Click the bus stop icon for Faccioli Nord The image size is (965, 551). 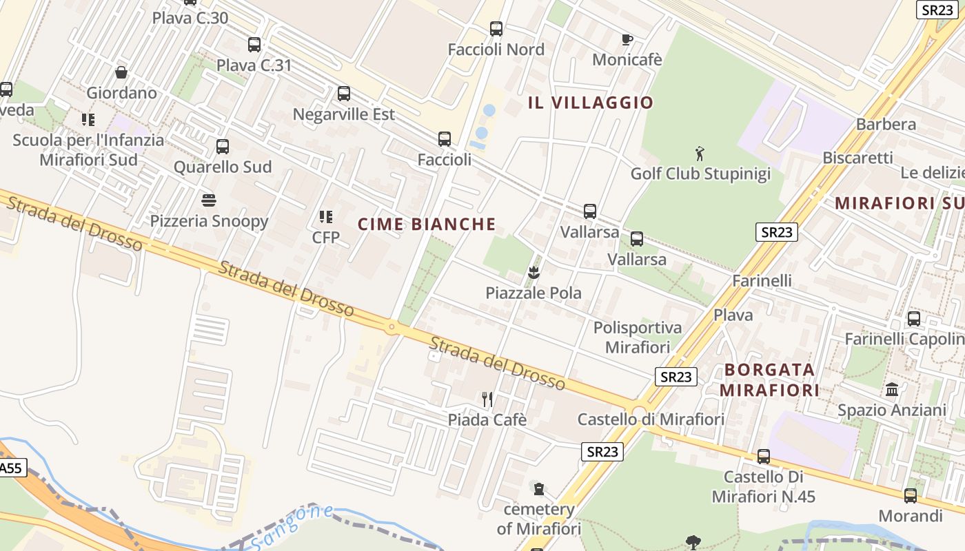pos(496,29)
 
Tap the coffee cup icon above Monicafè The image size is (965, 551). pos(627,39)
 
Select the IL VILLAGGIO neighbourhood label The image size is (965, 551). pos(590,103)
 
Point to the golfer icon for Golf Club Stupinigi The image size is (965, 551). pos(700,152)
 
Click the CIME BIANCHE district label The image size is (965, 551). pos(427,225)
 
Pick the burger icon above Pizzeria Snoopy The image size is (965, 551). pos(209,200)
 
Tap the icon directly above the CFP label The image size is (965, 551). pos(326,217)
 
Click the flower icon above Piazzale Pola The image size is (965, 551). pos(533,273)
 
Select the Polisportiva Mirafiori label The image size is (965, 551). pos(638,337)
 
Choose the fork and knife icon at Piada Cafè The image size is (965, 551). pos(487,399)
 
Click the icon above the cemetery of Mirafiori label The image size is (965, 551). pos(539,489)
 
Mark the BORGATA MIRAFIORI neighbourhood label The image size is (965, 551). pos(769,380)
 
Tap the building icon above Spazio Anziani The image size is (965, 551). pos(892,390)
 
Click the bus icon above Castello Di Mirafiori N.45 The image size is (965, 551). pos(764,456)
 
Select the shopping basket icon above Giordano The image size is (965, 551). pos(121,72)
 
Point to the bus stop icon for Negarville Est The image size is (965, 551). pos(344,94)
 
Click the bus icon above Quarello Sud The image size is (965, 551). pos(223,146)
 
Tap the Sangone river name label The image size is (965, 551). pos(292,527)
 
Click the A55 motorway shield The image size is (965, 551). pos(10,468)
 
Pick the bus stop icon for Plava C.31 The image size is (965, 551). pos(254,45)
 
